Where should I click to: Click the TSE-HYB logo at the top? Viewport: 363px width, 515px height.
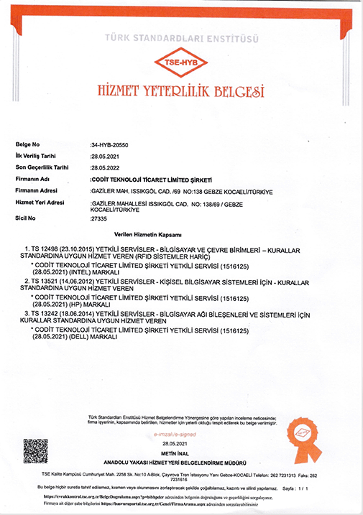point(181,63)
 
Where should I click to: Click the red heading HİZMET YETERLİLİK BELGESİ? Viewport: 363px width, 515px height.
point(181,91)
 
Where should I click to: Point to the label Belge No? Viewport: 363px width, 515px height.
point(29,144)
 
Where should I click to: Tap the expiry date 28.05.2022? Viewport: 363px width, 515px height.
point(105,167)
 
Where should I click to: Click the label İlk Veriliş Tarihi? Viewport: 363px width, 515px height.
point(37,155)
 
